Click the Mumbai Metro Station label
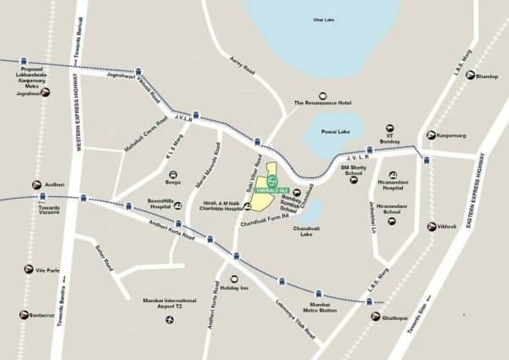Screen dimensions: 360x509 pos(325,307)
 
